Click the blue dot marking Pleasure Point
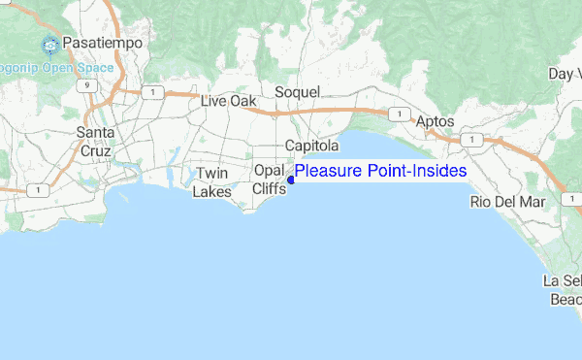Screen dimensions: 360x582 (291, 180)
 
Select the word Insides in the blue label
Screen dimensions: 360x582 (439, 172)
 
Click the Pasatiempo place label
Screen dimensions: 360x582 (102, 45)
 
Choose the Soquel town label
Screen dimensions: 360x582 (297, 92)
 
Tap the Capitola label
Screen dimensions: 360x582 (311, 146)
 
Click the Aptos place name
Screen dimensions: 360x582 (435, 123)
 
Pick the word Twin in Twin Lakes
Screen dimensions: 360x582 (211, 174)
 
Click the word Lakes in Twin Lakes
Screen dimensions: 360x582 (211, 192)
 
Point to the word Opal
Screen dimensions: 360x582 (268, 171)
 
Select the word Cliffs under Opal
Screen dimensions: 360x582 (269, 189)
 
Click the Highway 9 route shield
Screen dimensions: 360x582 (88, 84)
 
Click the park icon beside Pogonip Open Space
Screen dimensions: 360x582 (49, 45)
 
